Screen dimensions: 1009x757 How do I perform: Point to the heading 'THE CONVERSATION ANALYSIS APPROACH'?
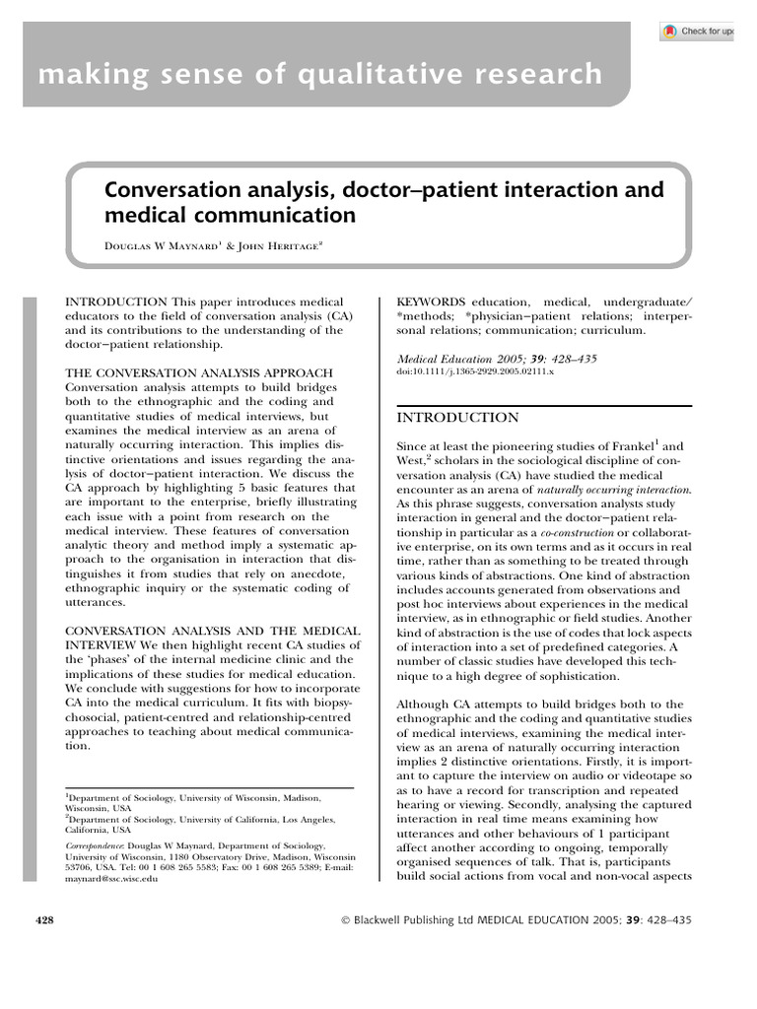[199, 372]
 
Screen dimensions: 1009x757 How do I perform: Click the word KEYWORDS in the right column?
[431, 302]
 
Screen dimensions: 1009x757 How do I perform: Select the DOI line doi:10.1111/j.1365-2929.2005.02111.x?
[475, 373]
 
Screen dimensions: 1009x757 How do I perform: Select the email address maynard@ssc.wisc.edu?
[110, 878]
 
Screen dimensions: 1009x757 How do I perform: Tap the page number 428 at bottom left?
[44, 919]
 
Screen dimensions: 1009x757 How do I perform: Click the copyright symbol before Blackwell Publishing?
[345, 920]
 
